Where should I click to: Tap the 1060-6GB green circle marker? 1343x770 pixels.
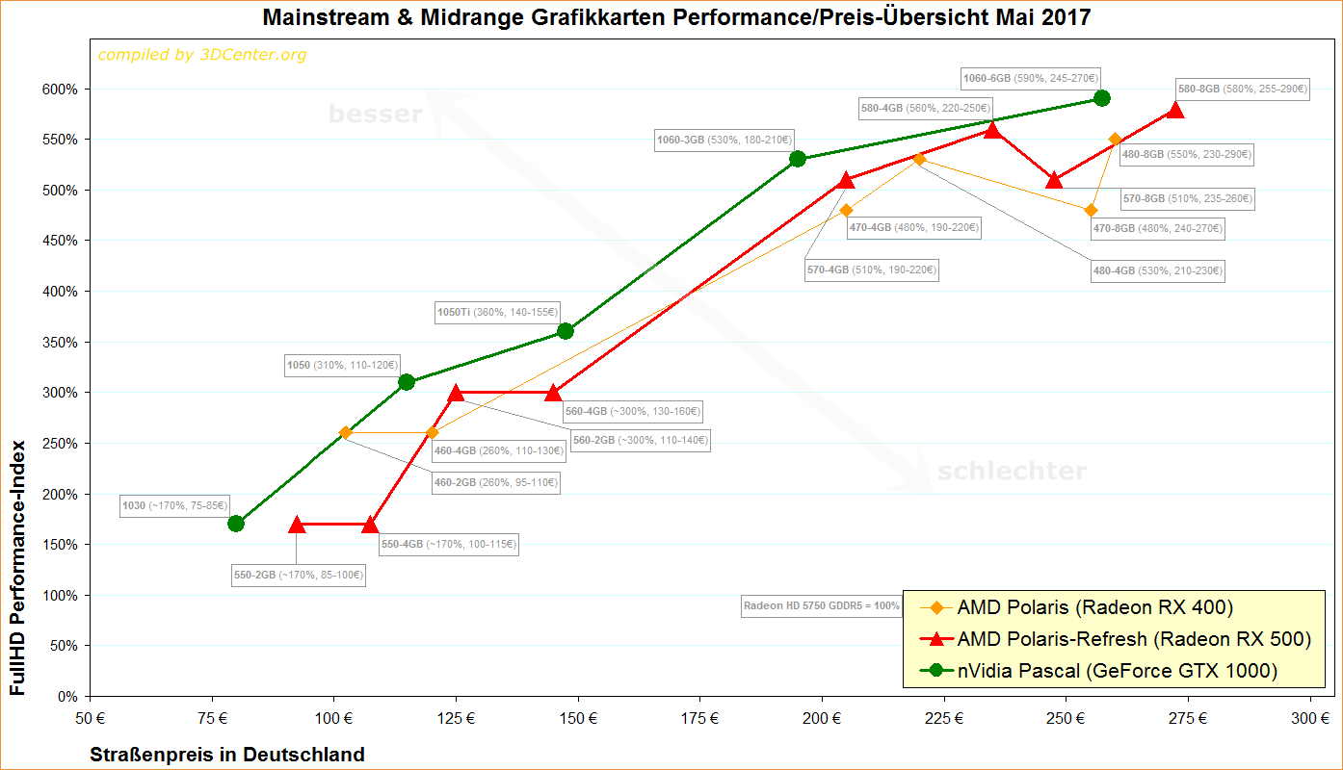click(x=1102, y=98)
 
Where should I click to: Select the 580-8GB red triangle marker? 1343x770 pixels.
click(x=1174, y=110)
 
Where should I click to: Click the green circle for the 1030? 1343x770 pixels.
click(x=236, y=524)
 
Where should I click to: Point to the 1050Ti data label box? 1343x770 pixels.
click(x=497, y=312)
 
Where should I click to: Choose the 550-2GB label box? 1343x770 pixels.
click(x=299, y=575)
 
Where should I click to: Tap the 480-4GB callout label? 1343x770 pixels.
click(x=1156, y=271)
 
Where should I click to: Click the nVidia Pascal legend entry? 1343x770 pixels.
click(x=1098, y=671)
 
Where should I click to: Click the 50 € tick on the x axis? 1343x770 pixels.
click(x=90, y=718)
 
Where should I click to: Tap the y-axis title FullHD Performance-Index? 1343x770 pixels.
click(x=17, y=570)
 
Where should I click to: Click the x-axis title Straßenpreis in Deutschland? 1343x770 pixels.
click(x=228, y=755)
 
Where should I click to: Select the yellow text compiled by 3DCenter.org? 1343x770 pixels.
click(x=202, y=55)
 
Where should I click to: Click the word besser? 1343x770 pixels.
click(x=376, y=115)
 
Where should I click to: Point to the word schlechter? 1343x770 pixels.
click(x=1012, y=472)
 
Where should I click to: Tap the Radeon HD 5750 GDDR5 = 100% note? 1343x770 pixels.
click(x=821, y=606)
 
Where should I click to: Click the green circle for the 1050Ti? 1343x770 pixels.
click(x=566, y=331)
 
